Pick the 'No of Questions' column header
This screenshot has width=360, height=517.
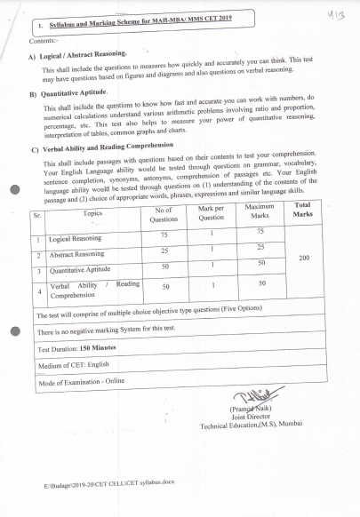[164, 213]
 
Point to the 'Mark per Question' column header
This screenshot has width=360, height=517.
[211, 212]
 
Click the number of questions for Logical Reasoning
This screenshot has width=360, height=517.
[164, 235]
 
